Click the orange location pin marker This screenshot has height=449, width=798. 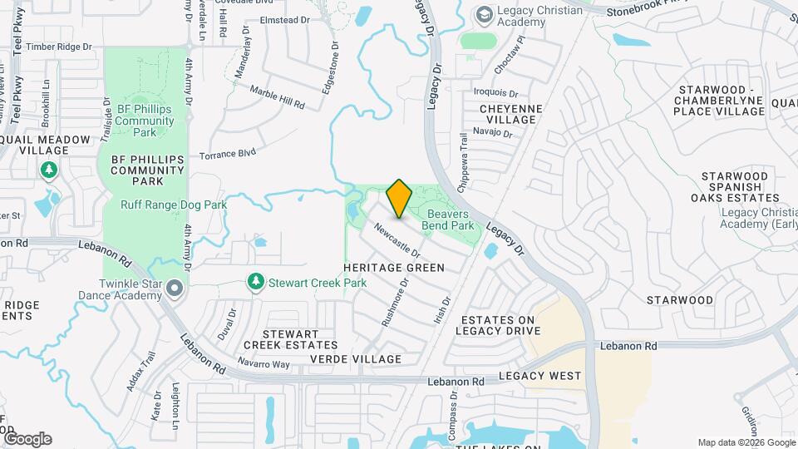coord(399,198)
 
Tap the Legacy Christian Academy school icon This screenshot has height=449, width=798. coord(483,15)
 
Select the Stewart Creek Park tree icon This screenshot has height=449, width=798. coord(257,283)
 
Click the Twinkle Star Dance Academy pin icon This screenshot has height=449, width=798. coord(174,289)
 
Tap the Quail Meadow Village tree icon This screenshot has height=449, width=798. coord(49,170)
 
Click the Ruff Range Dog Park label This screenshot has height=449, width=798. coord(174,205)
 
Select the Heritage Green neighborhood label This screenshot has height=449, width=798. coord(394,268)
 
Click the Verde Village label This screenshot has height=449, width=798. coord(356,359)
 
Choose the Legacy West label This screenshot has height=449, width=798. coord(540,376)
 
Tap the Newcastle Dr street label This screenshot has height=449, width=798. coord(397,239)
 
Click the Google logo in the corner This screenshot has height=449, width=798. coord(27,438)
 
